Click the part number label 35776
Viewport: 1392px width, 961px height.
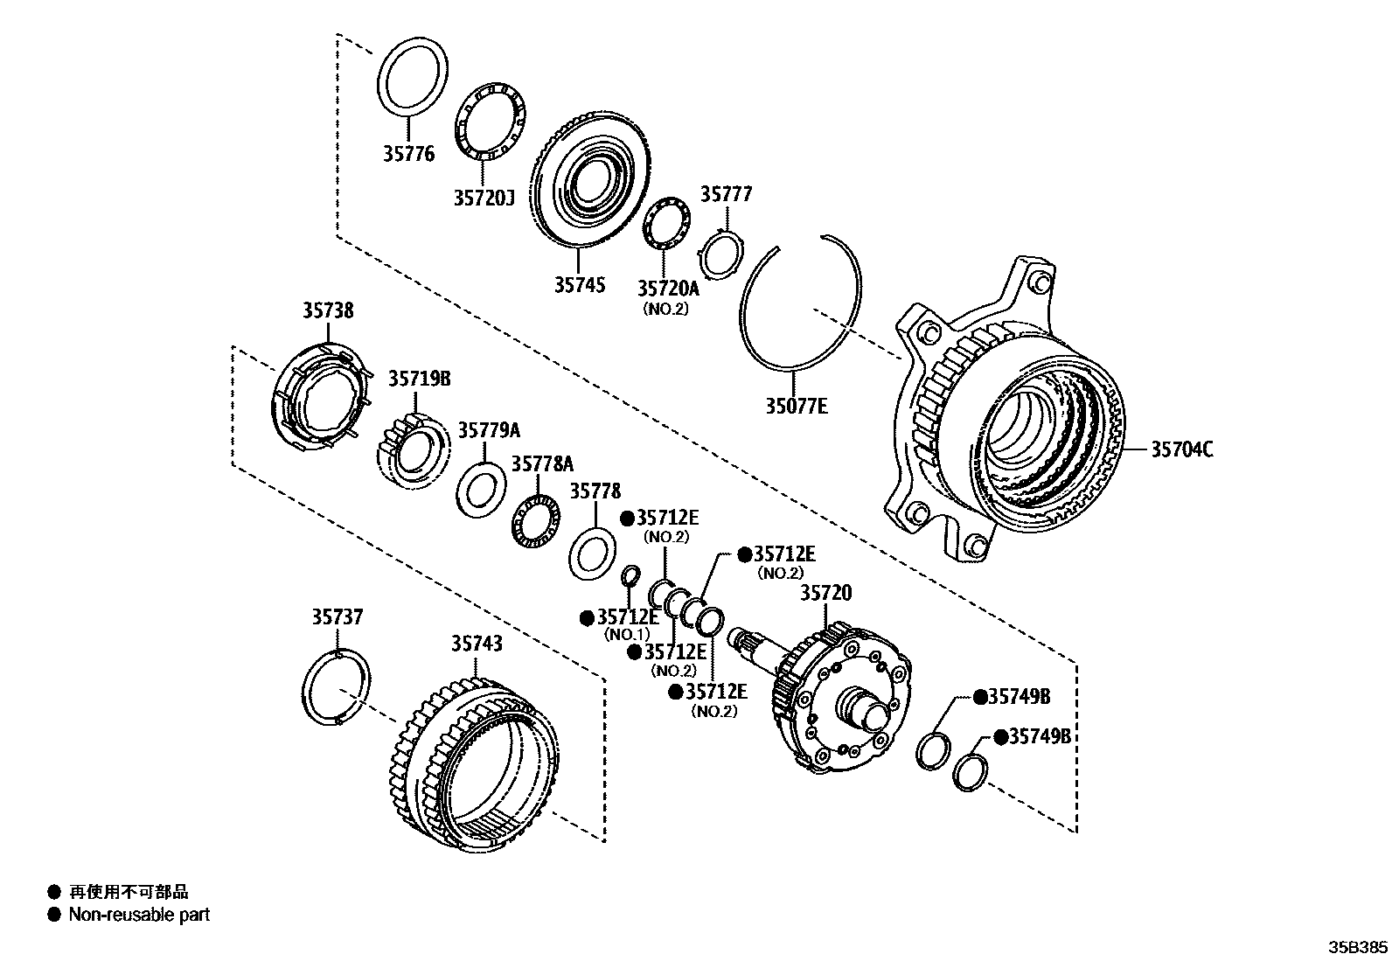(407, 155)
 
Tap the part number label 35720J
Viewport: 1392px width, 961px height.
(483, 198)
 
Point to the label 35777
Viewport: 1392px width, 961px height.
(726, 194)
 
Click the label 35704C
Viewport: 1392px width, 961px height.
(1181, 449)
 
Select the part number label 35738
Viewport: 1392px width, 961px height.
(329, 310)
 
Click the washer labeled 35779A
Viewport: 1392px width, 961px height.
(480, 491)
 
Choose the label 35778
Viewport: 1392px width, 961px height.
(595, 491)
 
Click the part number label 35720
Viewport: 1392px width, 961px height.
(825, 594)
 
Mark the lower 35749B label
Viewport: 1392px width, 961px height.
(1039, 736)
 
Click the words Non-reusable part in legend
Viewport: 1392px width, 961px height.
(139, 915)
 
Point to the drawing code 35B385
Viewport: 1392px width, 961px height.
(1358, 948)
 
